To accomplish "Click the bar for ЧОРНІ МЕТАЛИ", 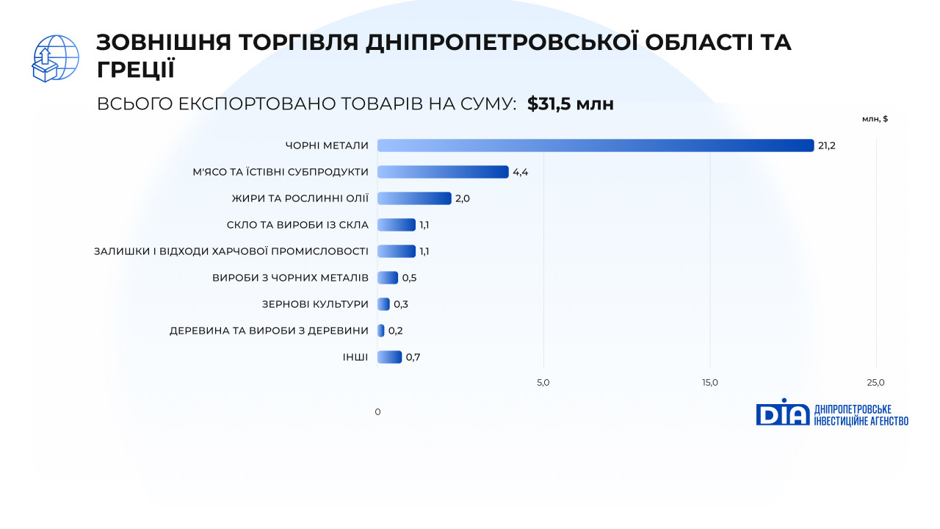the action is click(x=596, y=145).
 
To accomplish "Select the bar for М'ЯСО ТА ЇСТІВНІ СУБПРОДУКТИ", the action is click(x=443, y=172).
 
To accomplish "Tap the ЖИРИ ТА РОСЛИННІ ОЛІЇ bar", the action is click(x=414, y=198).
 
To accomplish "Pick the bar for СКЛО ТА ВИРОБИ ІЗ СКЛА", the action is click(x=396, y=225).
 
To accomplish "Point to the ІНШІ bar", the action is click(x=389, y=357).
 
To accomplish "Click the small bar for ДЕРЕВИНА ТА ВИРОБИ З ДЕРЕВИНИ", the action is click(x=380, y=331).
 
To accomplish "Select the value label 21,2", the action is click(x=827, y=145).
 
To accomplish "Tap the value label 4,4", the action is click(x=521, y=172).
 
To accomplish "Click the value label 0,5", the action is click(x=409, y=278).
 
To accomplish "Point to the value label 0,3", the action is click(x=401, y=304).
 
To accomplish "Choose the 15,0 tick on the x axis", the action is click(x=710, y=383).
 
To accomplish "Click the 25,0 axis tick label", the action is click(x=876, y=383).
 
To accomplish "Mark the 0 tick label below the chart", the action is click(x=377, y=412).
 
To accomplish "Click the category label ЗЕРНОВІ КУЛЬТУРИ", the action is click(x=315, y=304).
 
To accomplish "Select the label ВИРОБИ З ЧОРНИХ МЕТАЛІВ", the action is click(x=290, y=278).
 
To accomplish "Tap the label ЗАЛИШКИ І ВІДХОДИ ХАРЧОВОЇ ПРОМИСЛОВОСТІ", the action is click(x=231, y=251).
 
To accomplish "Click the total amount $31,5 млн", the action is click(x=571, y=104).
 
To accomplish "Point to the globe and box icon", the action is click(x=55, y=58).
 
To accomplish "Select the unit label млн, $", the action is click(x=875, y=119).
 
